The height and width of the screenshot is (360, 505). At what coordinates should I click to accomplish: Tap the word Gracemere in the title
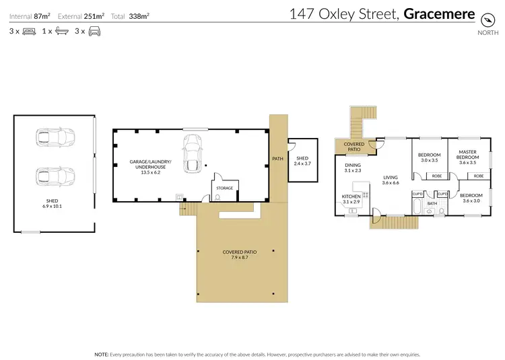(440, 13)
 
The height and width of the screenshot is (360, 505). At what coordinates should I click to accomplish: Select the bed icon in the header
(29, 31)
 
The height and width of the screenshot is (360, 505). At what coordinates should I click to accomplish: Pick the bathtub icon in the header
(61, 31)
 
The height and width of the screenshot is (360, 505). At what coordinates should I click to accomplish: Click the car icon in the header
(94, 31)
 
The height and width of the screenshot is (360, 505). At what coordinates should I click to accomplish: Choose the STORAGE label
(224, 188)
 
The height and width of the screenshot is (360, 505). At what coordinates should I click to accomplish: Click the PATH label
(277, 159)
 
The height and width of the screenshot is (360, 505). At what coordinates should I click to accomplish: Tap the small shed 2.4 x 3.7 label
(302, 161)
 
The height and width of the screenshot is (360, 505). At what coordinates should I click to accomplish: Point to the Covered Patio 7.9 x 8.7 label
(236, 255)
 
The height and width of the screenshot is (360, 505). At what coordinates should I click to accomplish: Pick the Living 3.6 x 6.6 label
(391, 180)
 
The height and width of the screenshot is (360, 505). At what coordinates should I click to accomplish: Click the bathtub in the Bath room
(417, 207)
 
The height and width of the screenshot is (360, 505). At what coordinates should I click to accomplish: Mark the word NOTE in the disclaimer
(102, 353)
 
